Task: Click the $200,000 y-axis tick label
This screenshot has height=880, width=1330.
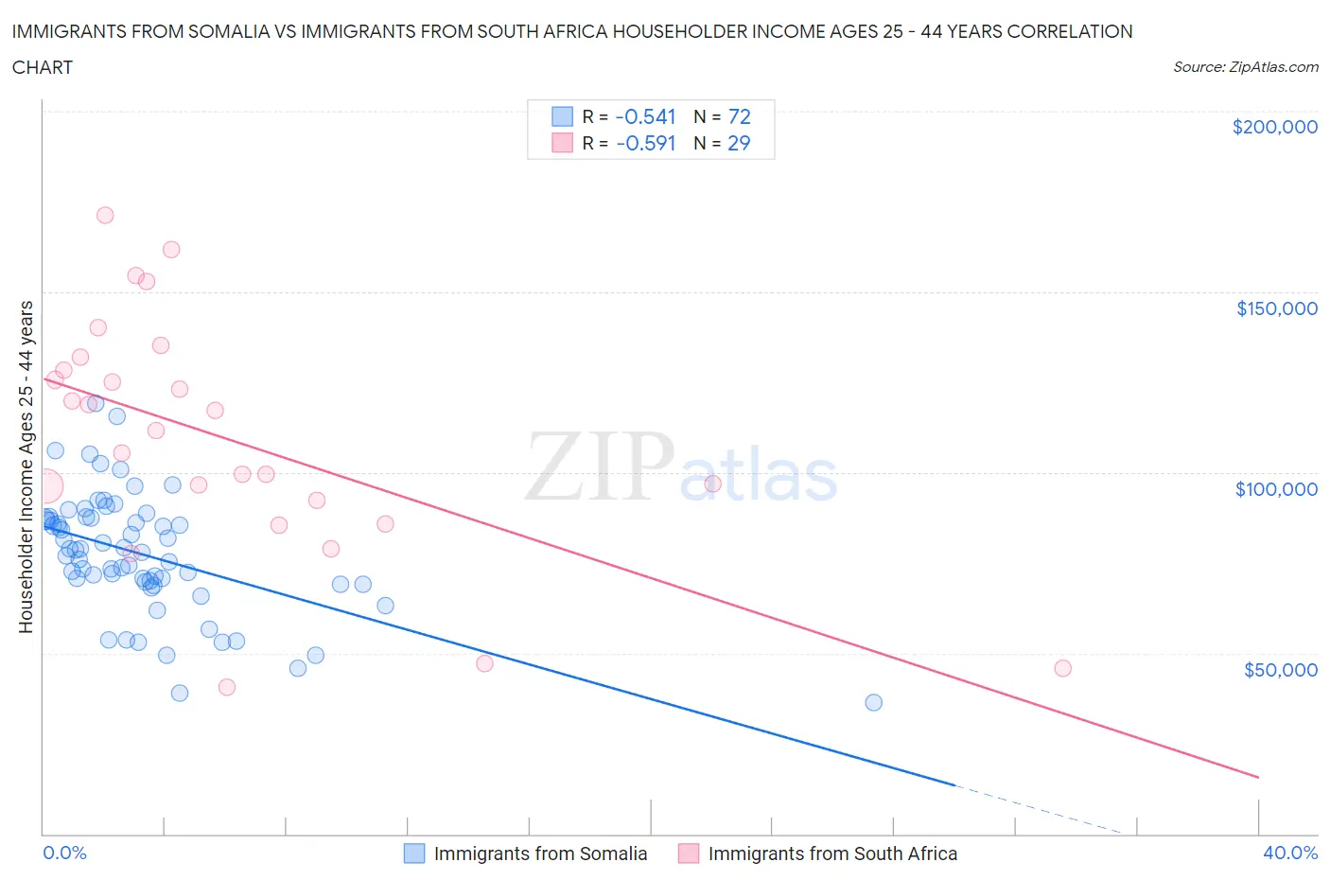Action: point(1274,127)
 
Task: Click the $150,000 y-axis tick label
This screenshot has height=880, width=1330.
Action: point(1276,308)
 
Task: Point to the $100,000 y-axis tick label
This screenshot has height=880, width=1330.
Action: point(1276,489)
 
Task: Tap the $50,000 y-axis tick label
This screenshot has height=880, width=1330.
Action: point(1280,670)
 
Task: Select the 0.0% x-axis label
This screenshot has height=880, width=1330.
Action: point(64,853)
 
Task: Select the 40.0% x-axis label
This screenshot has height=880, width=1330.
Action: point(1290,853)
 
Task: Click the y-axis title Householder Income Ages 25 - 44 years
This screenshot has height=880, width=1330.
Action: point(26,466)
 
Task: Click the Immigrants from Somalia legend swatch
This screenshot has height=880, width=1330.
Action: point(414,854)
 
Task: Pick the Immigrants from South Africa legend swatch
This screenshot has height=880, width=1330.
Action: point(689,854)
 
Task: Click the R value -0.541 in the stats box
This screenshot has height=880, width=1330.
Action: point(645,116)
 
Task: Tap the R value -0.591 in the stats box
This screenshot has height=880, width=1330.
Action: point(645,143)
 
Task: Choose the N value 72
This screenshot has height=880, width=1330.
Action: point(739,116)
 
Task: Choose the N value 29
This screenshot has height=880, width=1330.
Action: point(739,143)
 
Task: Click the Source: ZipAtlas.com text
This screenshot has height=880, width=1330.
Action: point(1245,66)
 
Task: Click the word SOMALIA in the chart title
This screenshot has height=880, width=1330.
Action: point(243,31)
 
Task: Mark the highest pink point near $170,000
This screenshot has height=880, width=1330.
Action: point(105,215)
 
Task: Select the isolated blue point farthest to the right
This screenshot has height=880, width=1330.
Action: point(873,702)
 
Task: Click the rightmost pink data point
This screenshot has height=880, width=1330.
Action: point(1062,668)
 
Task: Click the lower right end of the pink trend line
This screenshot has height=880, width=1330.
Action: point(1257,777)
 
